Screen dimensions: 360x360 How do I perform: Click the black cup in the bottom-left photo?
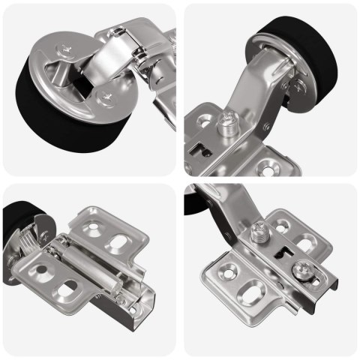16,232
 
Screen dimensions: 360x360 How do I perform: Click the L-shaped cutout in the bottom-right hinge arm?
284,254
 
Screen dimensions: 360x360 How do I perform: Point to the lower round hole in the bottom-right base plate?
226,270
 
